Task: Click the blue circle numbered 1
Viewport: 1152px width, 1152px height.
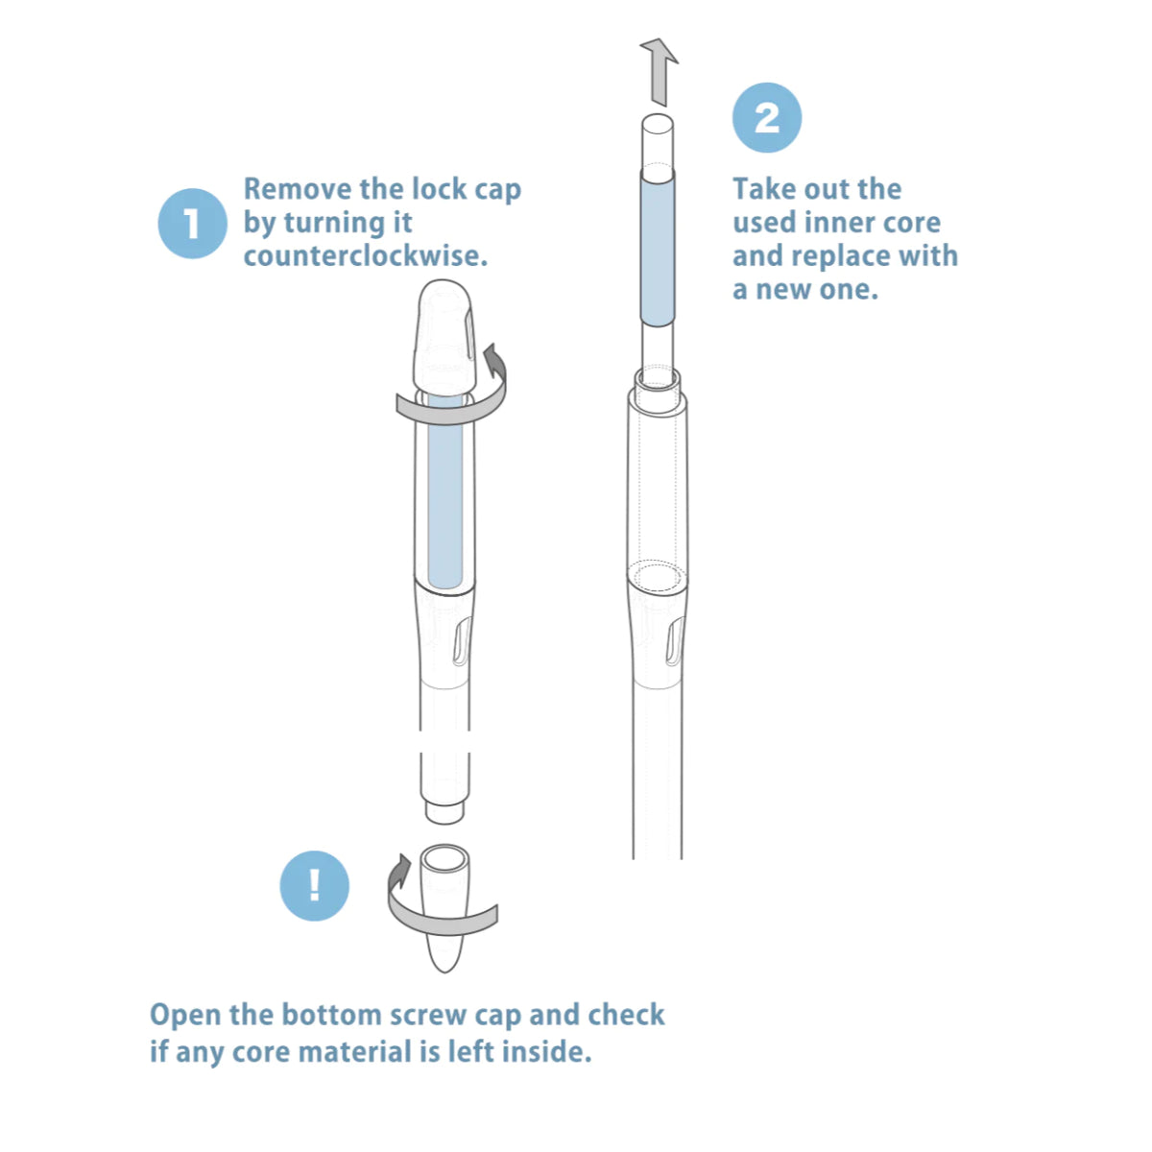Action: [192, 223]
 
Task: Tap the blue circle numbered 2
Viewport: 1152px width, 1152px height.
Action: [766, 117]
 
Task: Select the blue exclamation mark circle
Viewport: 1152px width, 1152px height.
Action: [314, 885]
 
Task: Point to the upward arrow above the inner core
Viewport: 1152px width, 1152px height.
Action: [659, 72]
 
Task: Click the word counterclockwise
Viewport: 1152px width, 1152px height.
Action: [365, 256]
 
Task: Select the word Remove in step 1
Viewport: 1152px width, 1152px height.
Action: [297, 189]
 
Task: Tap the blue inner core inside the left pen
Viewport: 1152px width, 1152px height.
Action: [445, 492]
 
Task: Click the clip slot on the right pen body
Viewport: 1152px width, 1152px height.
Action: [675, 642]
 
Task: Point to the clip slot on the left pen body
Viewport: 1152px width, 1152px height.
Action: [463, 641]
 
